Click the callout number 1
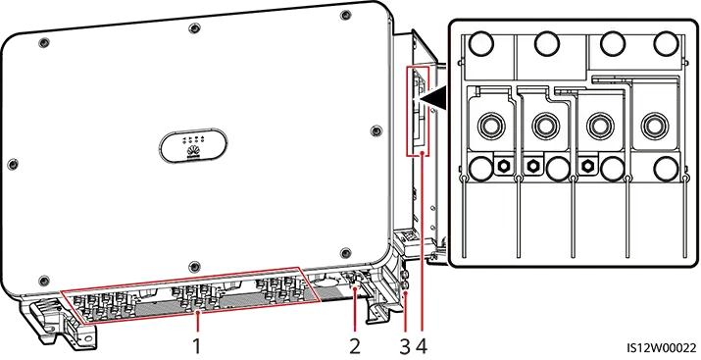click(196, 345)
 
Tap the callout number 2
click(355, 345)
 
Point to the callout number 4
click(424, 345)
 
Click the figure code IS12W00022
click(661, 346)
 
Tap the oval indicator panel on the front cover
click(195, 145)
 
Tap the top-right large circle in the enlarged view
click(667, 45)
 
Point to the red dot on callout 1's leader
click(196, 316)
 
